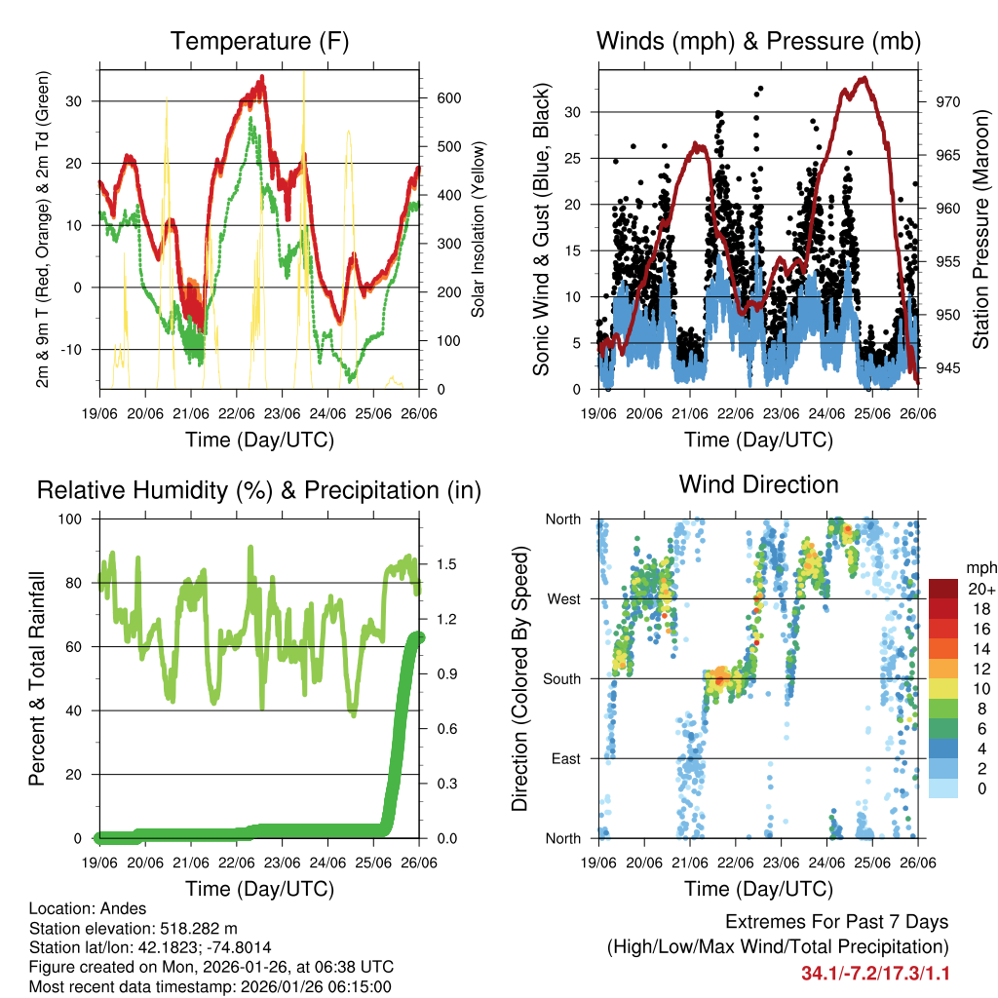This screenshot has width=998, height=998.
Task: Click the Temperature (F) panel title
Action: [x=258, y=42]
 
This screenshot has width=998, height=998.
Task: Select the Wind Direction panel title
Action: [x=758, y=484]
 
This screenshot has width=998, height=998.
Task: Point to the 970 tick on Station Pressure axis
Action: [x=948, y=101]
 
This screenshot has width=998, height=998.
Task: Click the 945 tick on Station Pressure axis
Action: [x=948, y=367]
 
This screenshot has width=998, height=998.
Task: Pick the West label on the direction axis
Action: [x=563, y=598]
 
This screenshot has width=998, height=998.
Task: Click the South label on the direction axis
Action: [x=562, y=678]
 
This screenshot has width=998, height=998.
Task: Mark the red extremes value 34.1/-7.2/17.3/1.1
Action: [x=875, y=974]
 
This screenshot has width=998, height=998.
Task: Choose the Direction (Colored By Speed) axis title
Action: [x=520, y=679]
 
